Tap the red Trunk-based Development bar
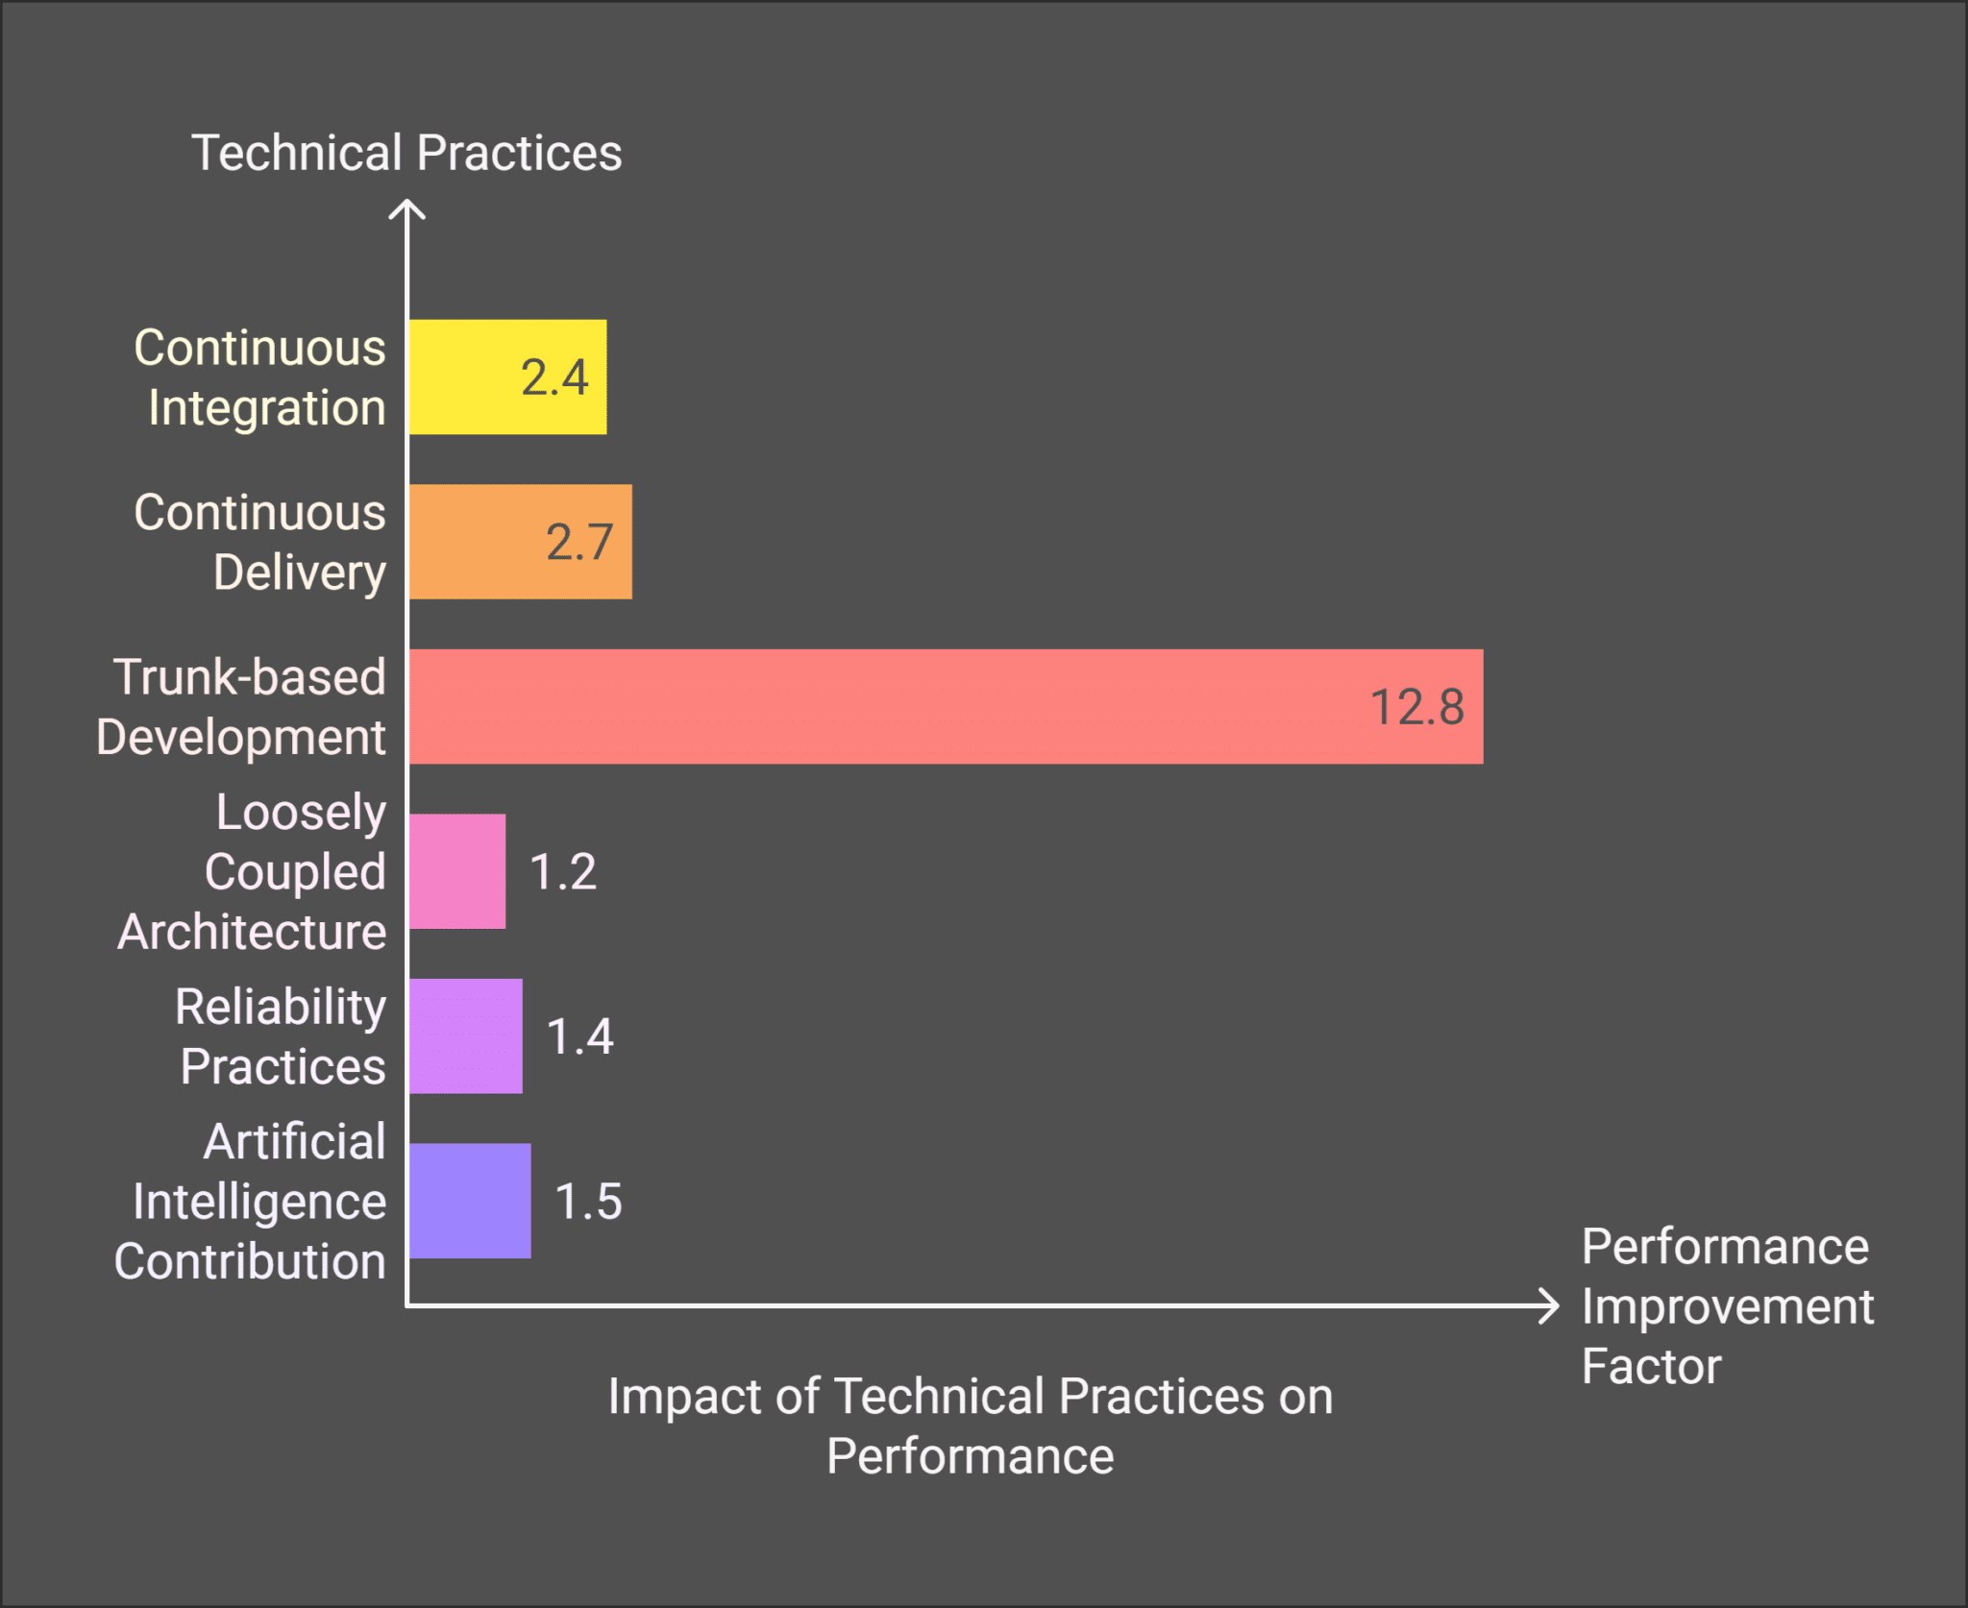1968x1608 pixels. point(865,707)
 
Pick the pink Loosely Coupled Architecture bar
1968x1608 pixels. point(457,871)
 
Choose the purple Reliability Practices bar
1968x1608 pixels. point(466,1036)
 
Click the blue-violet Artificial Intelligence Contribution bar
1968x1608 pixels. point(470,1201)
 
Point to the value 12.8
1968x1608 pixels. point(1416,708)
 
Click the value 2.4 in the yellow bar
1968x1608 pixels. point(554,378)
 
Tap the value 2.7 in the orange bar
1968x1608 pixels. point(579,543)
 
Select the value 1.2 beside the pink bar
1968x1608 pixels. point(563,872)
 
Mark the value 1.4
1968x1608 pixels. point(579,1037)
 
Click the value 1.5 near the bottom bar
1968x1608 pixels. point(588,1202)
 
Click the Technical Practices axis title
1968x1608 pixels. point(406,153)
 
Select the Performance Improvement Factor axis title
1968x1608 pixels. point(1727,1306)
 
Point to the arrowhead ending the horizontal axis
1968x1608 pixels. point(1550,1306)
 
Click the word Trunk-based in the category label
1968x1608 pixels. point(250,677)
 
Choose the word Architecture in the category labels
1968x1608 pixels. point(252,932)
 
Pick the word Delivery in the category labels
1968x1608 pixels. point(300,573)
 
